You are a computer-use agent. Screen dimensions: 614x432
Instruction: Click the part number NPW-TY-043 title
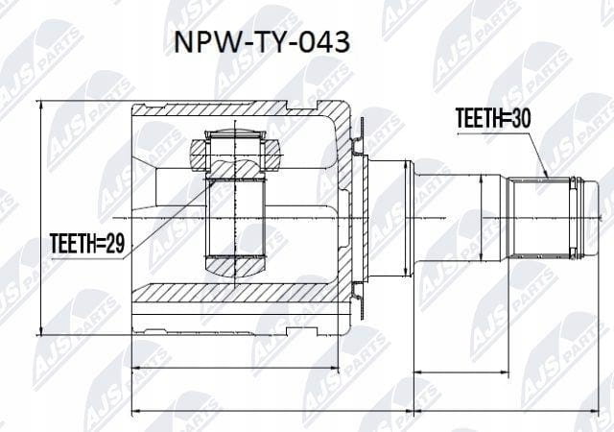262,42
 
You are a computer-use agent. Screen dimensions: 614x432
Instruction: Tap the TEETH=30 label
493,118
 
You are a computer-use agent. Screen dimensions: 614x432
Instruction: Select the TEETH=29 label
87,243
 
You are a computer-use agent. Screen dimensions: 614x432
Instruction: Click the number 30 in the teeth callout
520,118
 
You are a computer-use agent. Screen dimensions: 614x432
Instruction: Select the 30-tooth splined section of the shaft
540,218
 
